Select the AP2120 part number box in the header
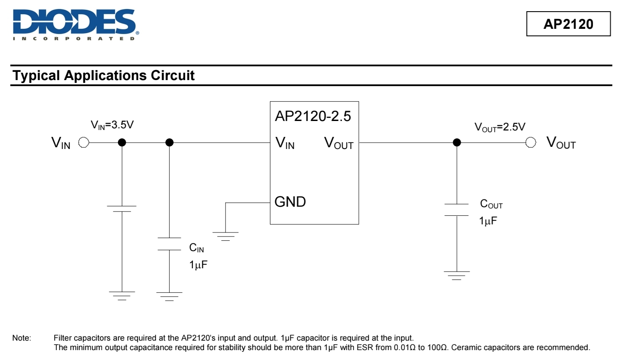coord(568,24)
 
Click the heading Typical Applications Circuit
coord(104,76)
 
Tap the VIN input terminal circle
coord(84,143)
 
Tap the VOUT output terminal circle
coord(531,143)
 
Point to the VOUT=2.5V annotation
coord(500,127)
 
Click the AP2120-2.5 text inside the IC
coord(313,116)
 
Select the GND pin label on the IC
coord(290,202)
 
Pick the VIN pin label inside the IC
coord(285,143)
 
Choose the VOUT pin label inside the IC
coord(339,143)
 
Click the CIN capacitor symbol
coord(169,243)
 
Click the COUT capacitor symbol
coord(456,209)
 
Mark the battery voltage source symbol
coord(122,209)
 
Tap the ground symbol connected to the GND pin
coord(225,236)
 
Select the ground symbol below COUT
coord(457,275)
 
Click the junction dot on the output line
coord(457,143)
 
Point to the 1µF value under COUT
coord(488,221)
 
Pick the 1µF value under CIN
coord(198,264)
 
